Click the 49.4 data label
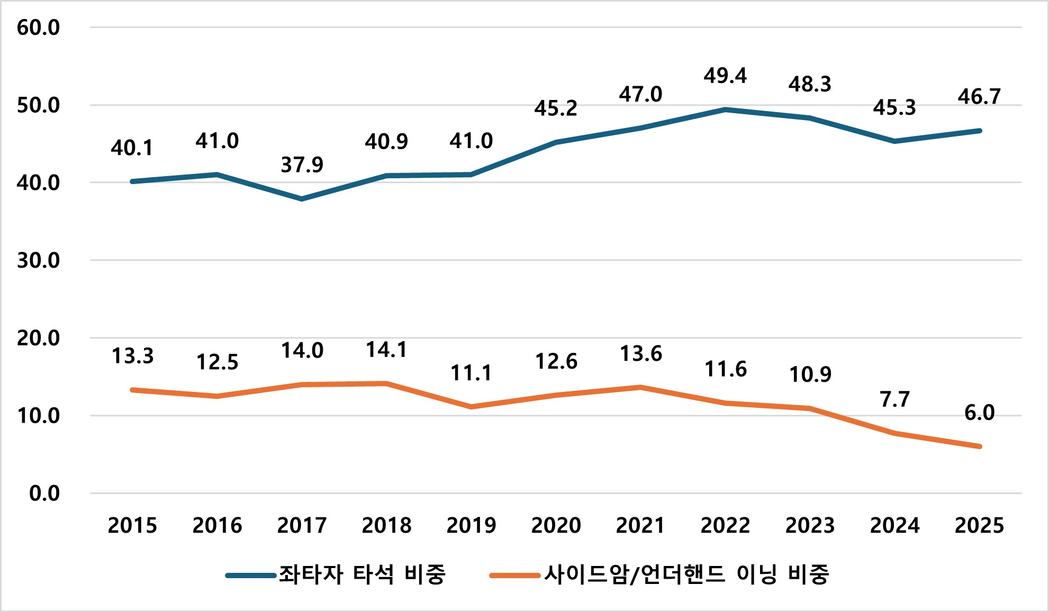[x=725, y=76]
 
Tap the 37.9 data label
[x=302, y=165]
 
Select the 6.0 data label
[x=979, y=413]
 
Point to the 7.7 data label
[x=894, y=399]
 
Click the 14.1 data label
[x=386, y=350]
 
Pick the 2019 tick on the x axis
[x=471, y=525]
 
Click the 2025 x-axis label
[x=979, y=525]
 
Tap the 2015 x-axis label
[x=132, y=525]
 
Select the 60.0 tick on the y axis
[x=38, y=28]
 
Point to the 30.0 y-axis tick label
[x=38, y=260]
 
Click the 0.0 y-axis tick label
[x=44, y=494]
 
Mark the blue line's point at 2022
[x=725, y=109]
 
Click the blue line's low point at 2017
[x=302, y=199]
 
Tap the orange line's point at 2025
[x=980, y=446]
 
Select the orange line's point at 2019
[x=471, y=407]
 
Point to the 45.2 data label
[x=556, y=108]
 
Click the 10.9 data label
[x=810, y=374]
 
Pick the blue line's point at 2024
[x=894, y=141]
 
